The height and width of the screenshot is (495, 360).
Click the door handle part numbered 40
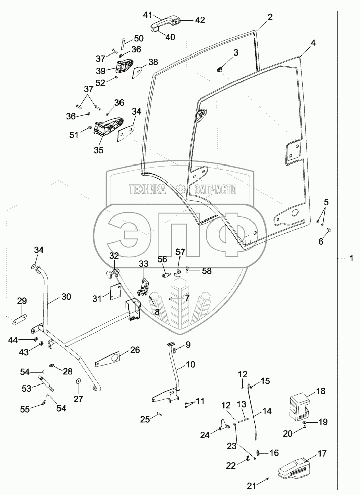pyautogui.click(x=165, y=24)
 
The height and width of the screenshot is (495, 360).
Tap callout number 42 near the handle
pyautogui.click(x=199, y=20)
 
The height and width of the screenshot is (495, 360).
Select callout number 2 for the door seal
pyautogui.click(x=270, y=17)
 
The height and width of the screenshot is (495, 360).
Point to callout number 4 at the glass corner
pyautogui.click(x=313, y=43)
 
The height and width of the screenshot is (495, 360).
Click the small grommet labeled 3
pyautogui.click(x=220, y=69)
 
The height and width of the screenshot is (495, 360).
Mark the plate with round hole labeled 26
pyautogui.click(x=109, y=359)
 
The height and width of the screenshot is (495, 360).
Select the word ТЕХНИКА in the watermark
pyautogui.click(x=147, y=189)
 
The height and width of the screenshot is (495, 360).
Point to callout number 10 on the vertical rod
pyautogui.click(x=190, y=365)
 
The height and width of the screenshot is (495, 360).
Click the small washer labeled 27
pyautogui.click(x=78, y=381)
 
